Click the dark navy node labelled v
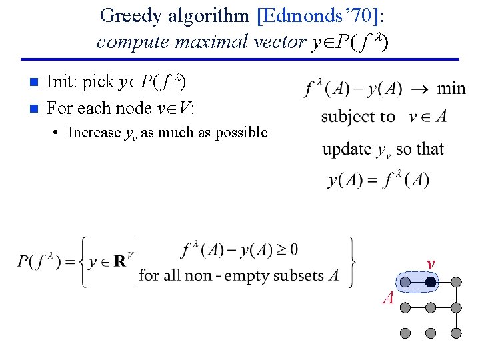point(431,283)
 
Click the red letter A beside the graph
point(388,298)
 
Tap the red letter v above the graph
point(431,265)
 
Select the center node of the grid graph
point(431,308)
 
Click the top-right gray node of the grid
point(456,283)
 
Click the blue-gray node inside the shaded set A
point(405,283)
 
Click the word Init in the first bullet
point(61,82)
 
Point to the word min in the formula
point(451,88)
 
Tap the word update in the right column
point(346,149)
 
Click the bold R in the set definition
point(119,261)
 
